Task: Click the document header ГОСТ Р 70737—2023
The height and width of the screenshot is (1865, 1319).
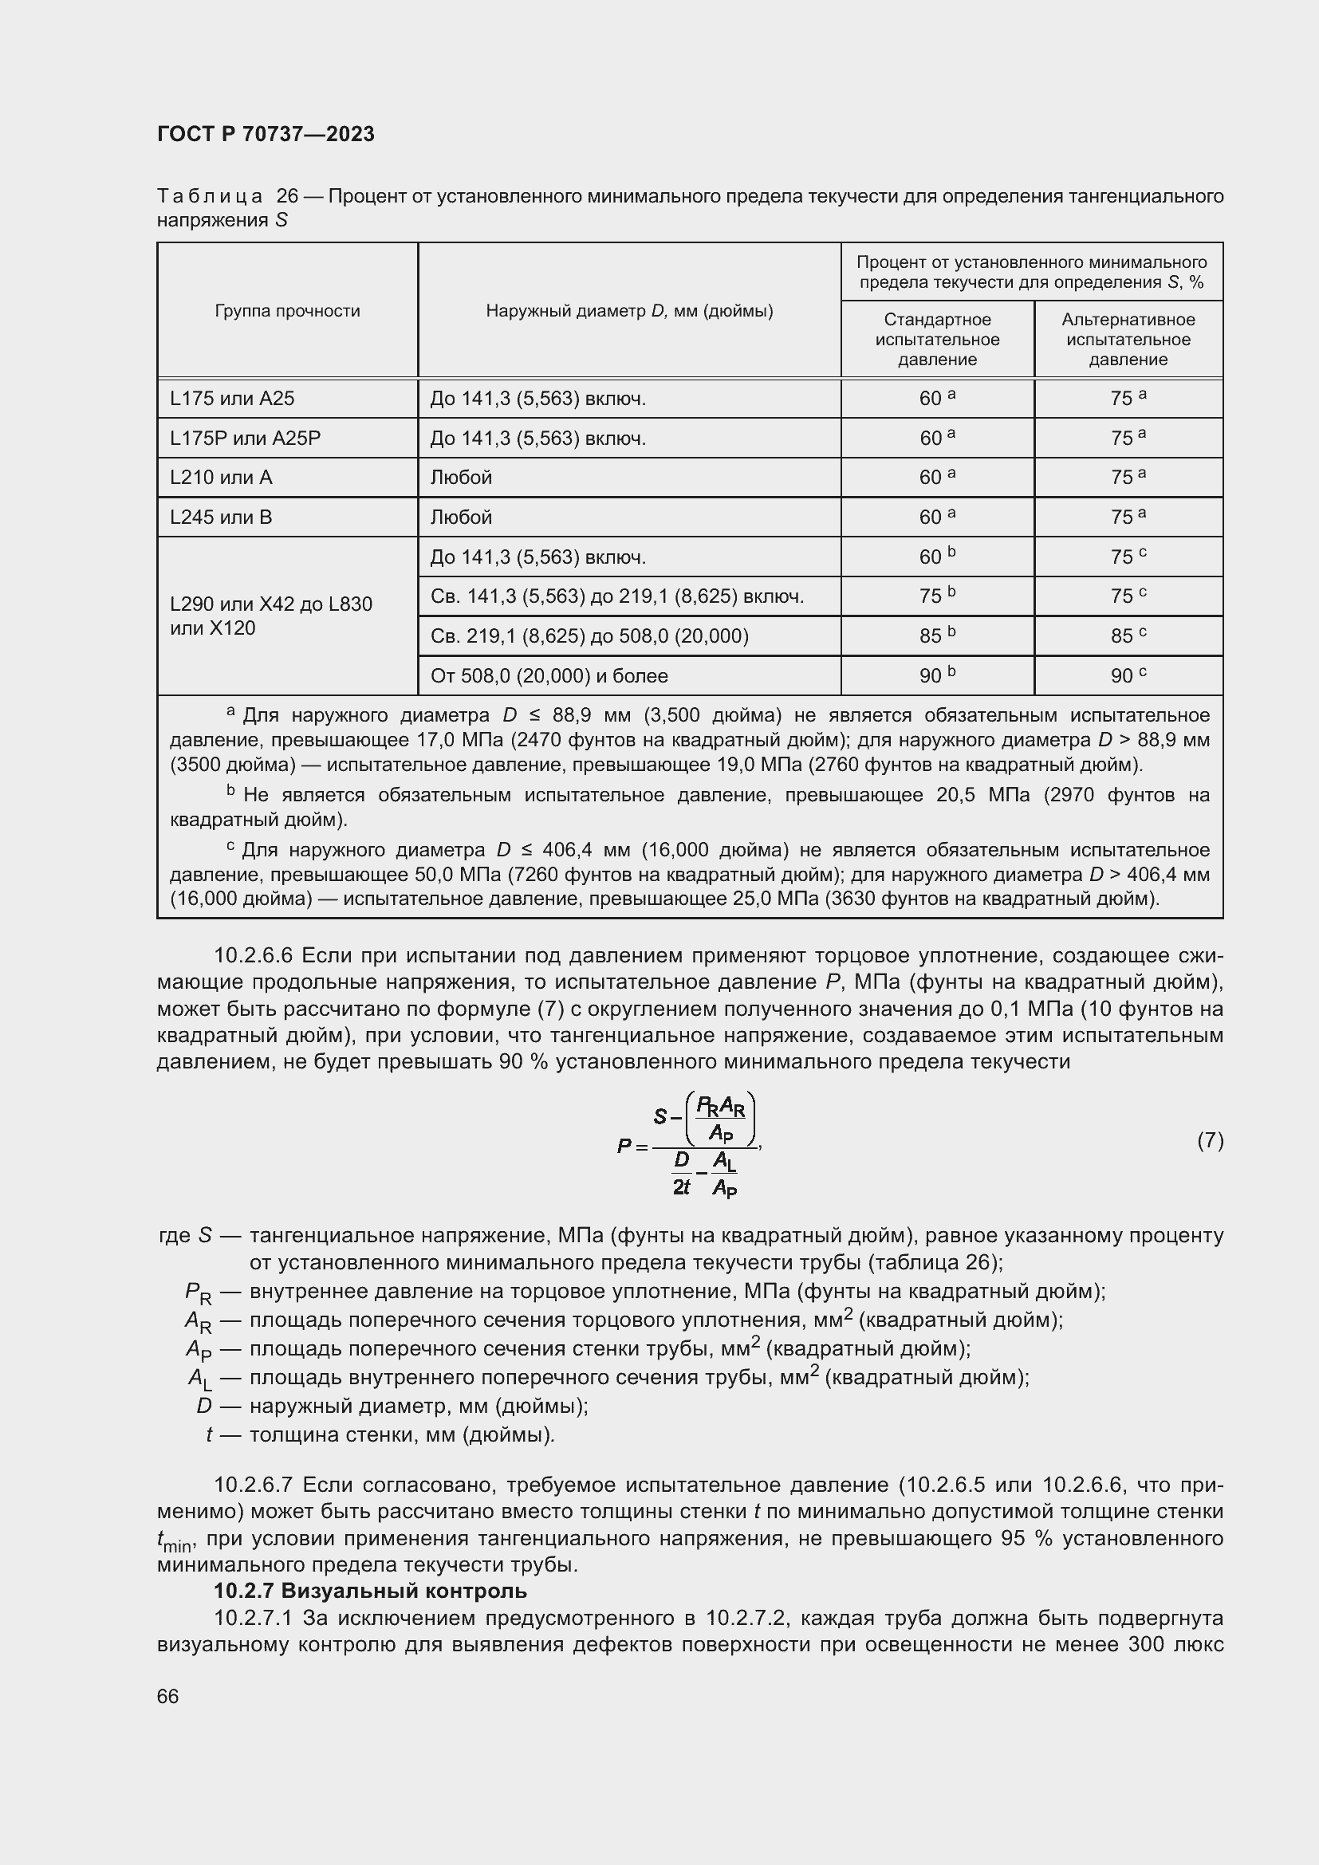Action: click(x=266, y=134)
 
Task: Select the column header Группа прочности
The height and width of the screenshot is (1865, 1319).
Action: click(x=288, y=310)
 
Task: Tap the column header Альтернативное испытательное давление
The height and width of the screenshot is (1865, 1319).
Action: click(x=1128, y=340)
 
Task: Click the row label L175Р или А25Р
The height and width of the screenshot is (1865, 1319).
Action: click(x=246, y=439)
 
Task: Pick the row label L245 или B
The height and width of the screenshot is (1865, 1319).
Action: click(x=221, y=517)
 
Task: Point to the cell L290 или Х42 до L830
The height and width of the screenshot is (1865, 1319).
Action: click(x=271, y=604)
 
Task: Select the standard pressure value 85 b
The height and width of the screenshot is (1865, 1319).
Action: click(x=937, y=636)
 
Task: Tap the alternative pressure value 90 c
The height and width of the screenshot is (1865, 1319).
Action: click(x=1128, y=676)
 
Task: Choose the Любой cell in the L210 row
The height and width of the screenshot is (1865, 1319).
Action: click(x=461, y=478)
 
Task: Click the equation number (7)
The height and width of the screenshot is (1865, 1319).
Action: click(x=1210, y=1140)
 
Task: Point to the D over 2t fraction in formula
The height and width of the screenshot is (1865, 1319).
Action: click(x=681, y=1173)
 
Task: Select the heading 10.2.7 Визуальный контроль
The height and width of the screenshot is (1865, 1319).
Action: click(x=370, y=1591)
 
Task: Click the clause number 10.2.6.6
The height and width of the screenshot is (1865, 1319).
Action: click(x=253, y=955)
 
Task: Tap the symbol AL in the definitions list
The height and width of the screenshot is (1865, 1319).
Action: click(x=199, y=1379)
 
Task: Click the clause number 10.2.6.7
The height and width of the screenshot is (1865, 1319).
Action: click(x=253, y=1485)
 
